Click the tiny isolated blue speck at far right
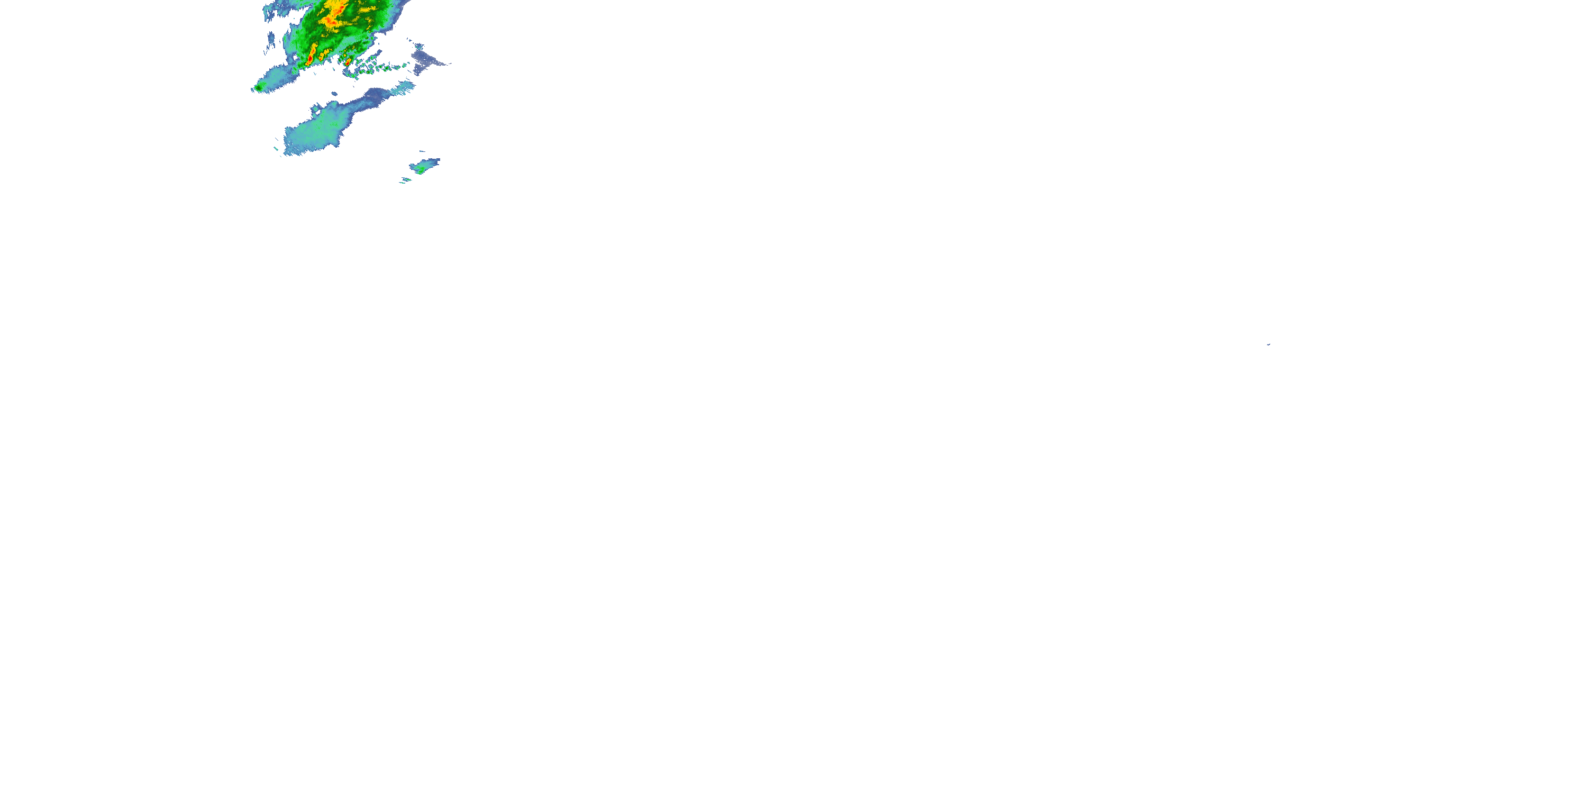[x=1269, y=344]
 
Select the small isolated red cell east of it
[x=348, y=61]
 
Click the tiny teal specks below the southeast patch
[x=405, y=181]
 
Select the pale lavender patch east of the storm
[x=428, y=59]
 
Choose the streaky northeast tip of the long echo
[x=404, y=87]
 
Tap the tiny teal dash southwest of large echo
[x=276, y=149]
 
